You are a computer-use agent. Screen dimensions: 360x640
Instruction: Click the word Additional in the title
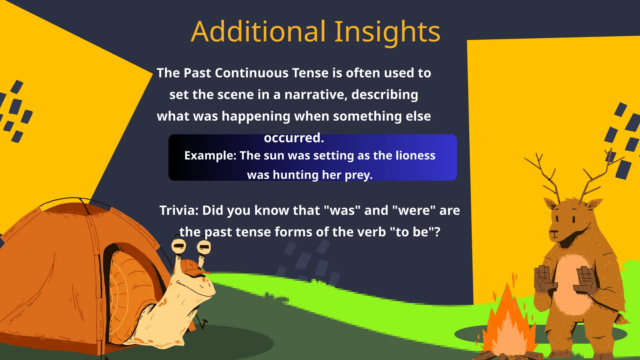[x=259, y=32]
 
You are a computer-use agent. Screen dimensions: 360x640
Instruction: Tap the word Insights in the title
[x=387, y=32]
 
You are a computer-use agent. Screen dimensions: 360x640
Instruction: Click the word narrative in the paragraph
[x=316, y=95]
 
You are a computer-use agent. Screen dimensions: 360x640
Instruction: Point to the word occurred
[x=294, y=138]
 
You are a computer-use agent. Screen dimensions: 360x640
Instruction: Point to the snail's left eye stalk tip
[x=179, y=246]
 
